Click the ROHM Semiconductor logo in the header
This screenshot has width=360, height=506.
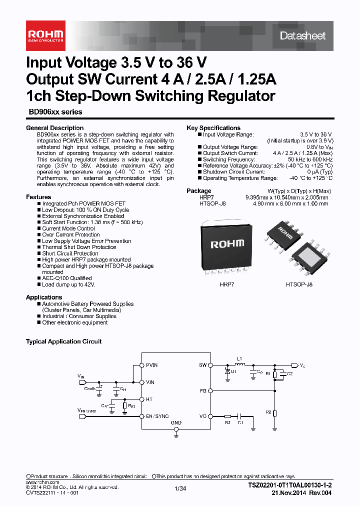[x=45, y=34]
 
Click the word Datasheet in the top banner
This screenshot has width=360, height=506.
[x=302, y=35]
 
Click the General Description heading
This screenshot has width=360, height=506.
[x=54, y=128]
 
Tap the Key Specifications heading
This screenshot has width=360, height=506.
[x=213, y=128]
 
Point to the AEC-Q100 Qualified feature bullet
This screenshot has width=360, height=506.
[x=67, y=278]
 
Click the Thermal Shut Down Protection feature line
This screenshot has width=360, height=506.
[x=79, y=247]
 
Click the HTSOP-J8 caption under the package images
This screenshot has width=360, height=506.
[x=299, y=284]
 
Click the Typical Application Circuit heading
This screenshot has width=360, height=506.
[x=63, y=341]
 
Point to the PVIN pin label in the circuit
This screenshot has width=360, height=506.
[x=151, y=365]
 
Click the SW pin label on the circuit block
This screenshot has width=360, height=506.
[x=203, y=365]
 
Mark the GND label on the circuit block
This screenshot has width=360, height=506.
[x=176, y=422]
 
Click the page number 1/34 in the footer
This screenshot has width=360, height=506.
[x=180, y=488]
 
